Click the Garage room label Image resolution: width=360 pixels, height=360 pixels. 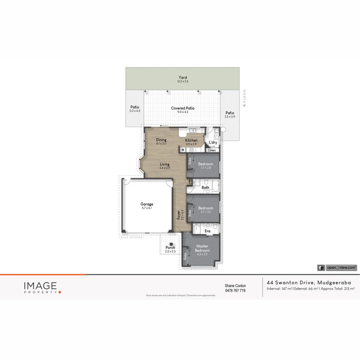147,204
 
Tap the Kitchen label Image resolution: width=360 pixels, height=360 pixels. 191,140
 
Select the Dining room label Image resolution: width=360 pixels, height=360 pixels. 161,140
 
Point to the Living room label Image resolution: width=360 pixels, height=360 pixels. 164,164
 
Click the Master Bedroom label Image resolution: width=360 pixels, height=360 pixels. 202,248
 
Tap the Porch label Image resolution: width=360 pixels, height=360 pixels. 170,248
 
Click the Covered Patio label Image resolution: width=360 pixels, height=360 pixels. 183,108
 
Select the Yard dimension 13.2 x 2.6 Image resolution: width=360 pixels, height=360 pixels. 183,81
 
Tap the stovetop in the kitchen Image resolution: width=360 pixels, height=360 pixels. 191,150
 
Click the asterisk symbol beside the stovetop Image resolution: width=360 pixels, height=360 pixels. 183,150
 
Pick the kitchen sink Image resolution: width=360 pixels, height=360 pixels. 192,130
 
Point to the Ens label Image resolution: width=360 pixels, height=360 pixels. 207,231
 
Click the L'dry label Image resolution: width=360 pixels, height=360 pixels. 213,143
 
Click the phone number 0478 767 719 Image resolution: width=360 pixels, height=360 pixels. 235,291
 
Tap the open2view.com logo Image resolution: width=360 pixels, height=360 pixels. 337,267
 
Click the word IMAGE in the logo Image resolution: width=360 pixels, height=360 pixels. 40,286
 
